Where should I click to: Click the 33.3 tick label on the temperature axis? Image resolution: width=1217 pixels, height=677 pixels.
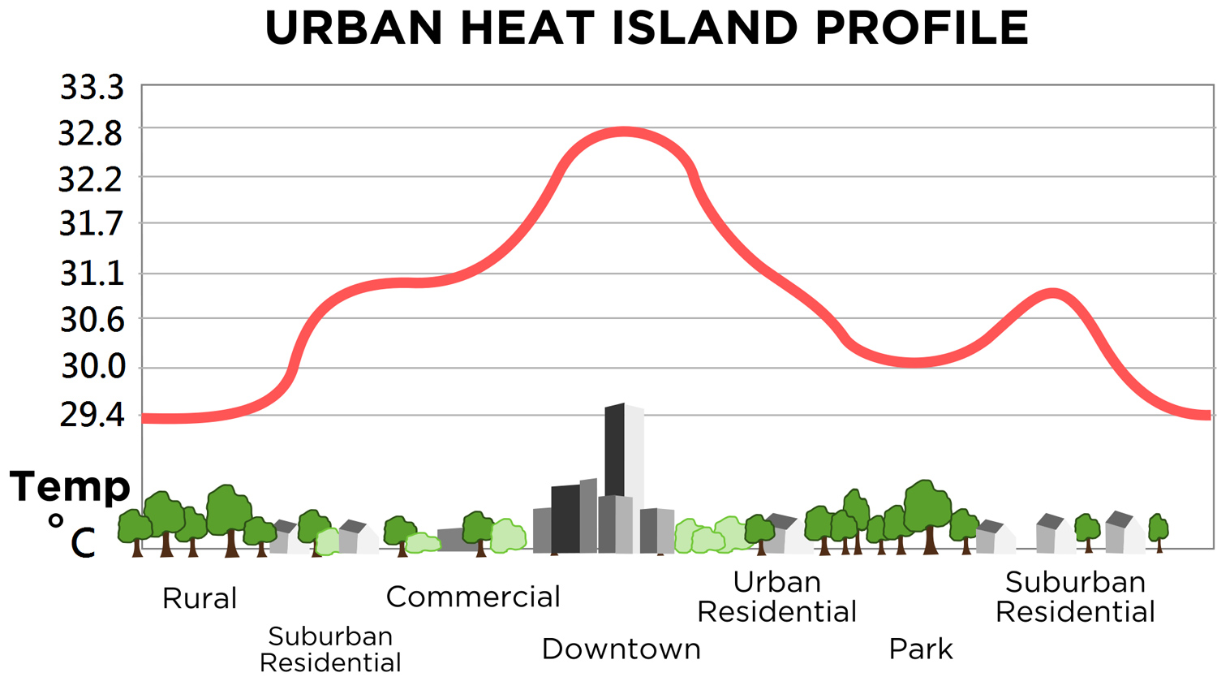tap(92, 88)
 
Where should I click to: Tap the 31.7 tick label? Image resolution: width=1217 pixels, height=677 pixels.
tap(91, 224)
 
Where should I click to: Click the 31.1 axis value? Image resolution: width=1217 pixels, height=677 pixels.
tap(92, 274)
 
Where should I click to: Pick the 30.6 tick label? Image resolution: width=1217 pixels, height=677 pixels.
tap(92, 321)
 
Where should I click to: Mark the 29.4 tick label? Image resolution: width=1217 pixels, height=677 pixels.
tap(92, 416)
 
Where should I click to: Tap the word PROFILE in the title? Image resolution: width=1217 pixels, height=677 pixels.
tap(922, 28)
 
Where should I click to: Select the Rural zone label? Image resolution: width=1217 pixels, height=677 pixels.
tap(200, 599)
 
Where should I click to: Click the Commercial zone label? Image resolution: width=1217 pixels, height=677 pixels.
tap(473, 597)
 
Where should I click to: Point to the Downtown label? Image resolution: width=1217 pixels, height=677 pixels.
tap(621, 649)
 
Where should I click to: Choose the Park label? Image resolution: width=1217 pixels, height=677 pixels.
tap(921, 649)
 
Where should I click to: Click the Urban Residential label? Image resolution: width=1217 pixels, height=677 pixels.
tap(776, 597)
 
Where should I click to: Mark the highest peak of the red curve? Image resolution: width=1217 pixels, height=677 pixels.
tap(623, 132)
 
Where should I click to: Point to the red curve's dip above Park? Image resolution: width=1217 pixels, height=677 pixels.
tap(914, 363)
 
